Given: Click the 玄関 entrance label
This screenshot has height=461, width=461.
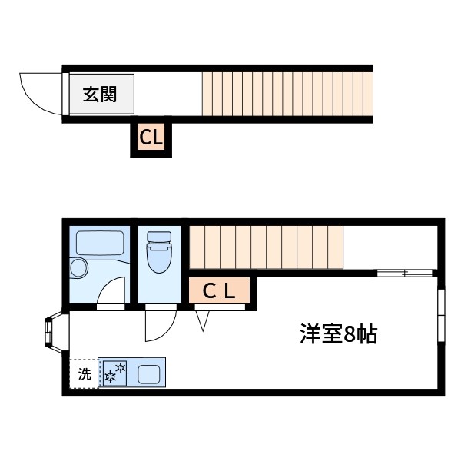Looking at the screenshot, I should (100, 95).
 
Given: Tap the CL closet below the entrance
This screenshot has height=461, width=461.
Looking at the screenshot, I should (151, 138).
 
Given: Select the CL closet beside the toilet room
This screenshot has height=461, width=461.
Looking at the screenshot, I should (219, 291).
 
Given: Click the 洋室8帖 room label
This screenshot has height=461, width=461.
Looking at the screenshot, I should (338, 335).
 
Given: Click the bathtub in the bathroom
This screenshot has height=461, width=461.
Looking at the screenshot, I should (100, 244).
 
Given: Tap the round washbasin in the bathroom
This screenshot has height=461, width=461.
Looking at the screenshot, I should (79, 268).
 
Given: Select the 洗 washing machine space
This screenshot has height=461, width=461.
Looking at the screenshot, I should (84, 374).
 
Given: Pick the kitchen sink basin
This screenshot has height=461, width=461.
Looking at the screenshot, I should (149, 375).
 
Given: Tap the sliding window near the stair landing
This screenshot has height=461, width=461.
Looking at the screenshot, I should (405, 272).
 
